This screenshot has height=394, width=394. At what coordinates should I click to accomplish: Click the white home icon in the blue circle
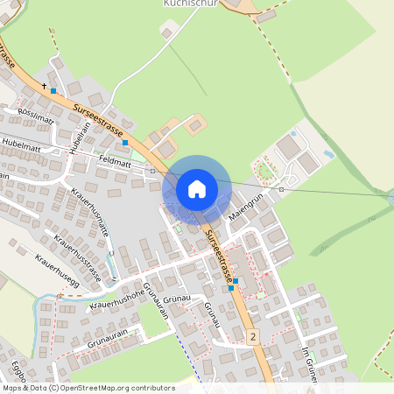click(x=196, y=188)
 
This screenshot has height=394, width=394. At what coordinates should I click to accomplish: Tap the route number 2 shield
click(x=253, y=337)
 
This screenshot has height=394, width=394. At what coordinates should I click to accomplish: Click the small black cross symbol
click(x=44, y=86)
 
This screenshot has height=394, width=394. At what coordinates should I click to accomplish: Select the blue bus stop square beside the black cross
click(x=53, y=90)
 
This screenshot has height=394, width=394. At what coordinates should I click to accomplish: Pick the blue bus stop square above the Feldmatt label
click(x=125, y=142)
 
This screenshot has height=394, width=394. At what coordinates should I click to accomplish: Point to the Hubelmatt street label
click(x=22, y=141)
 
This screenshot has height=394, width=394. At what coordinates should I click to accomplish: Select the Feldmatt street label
click(x=116, y=163)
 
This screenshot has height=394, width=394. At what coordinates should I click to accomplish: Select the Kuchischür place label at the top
click(x=187, y=4)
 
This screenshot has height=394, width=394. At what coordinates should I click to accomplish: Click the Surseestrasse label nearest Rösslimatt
click(x=99, y=120)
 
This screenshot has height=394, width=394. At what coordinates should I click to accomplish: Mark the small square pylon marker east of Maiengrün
click(x=281, y=189)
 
